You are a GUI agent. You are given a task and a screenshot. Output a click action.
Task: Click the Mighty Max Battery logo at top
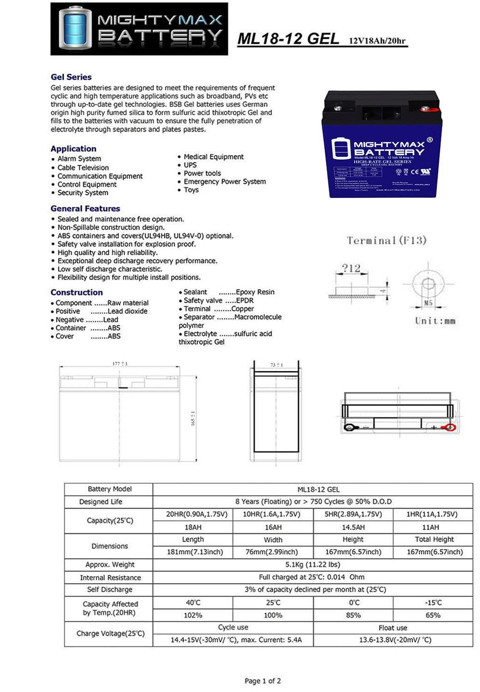139,29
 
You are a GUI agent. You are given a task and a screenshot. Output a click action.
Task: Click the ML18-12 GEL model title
288,39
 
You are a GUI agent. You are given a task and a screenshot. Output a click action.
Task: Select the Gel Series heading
71,77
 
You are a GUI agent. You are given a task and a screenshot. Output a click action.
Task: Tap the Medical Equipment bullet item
213,157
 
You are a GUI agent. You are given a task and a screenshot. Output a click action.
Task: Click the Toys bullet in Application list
191,190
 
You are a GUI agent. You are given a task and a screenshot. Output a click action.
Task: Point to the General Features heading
85,209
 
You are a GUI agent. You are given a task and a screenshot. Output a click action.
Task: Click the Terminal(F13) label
386,240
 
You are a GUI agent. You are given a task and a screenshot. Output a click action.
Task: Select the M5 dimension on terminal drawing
428,303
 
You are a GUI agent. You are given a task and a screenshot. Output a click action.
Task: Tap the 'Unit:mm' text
435,321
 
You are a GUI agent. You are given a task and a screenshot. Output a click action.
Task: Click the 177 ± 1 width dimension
120,364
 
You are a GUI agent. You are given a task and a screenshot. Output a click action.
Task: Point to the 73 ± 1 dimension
276,365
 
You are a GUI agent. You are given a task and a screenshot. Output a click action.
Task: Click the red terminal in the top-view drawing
447,428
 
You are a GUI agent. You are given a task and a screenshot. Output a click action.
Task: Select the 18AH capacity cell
193,527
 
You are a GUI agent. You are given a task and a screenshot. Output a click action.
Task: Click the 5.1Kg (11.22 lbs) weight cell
313,564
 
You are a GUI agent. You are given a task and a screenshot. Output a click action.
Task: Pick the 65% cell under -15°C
433,615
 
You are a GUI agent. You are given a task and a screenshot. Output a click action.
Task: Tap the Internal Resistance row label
110,578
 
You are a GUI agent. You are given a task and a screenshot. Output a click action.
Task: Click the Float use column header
393,627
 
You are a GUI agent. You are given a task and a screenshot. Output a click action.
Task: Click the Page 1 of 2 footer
262,680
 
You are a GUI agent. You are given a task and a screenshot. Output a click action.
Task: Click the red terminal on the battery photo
423,109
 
